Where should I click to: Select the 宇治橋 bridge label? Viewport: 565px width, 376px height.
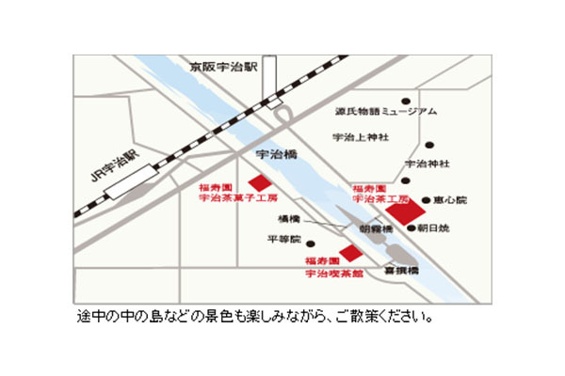coord(276,151)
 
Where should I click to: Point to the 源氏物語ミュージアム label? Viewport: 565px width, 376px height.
coord(386,112)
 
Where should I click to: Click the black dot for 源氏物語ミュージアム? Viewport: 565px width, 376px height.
coord(407,100)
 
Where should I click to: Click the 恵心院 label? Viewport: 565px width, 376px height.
coord(449,200)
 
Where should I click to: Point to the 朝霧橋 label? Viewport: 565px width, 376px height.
coord(376,228)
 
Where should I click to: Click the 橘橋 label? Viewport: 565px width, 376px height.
coord(288,218)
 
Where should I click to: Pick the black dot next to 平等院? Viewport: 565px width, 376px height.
coord(310,243)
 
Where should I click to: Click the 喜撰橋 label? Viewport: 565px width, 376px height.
coord(401,270)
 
